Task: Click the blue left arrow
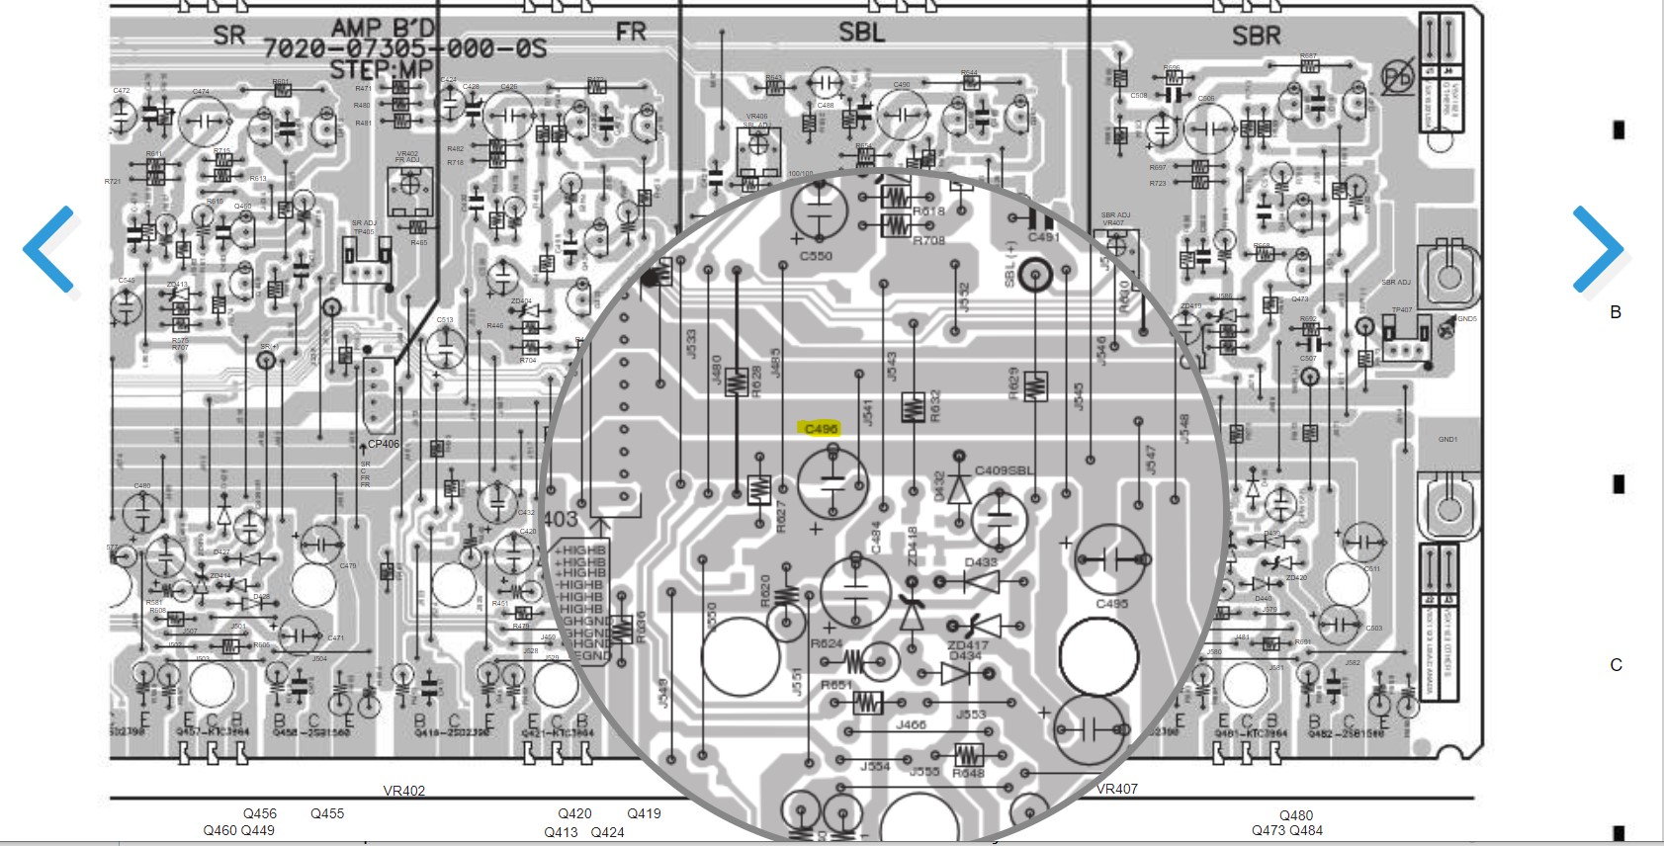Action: (x=49, y=249)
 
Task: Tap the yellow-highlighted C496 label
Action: (x=821, y=428)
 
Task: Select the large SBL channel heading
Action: (x=861, y=33)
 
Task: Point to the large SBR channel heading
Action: (x=1256, y=37)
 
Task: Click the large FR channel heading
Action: (x=631, y=33)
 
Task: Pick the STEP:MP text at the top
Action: (x=381, y=69)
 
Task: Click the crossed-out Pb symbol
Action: (x=1397, y=77)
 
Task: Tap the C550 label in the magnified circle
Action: (x=816, y=256)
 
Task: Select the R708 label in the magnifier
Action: (x=928, y=240)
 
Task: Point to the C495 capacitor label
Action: (x=1111, y=603)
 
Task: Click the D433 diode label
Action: (x=980, y=562)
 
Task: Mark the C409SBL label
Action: (x=1004, y=470)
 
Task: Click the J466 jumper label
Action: (x=911, y=724)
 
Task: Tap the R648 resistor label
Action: (x=968, y=773)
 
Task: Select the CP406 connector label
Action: (x=384, y=444)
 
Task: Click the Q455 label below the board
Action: (x=327, y=813)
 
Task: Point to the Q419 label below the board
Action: (x=644, y=813)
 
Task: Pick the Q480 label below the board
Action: (x=1295, y=815)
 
